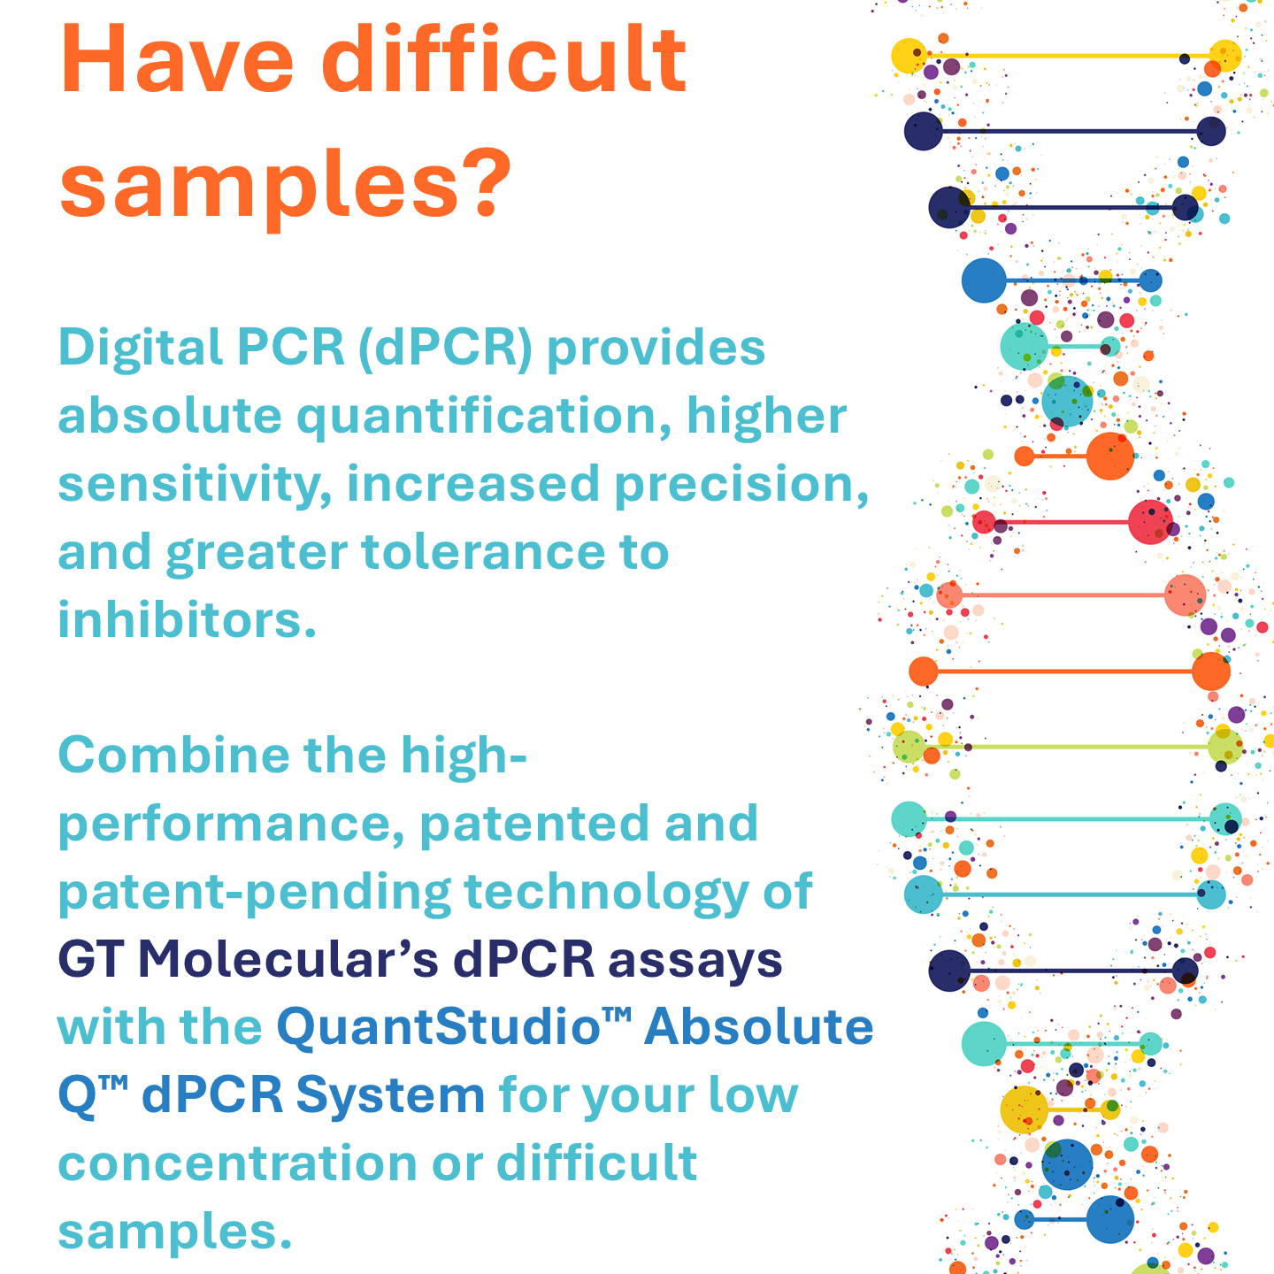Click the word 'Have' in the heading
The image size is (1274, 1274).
coord(177,59)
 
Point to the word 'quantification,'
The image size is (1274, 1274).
coord(483,418)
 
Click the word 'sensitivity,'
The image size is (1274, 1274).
coord(195,486)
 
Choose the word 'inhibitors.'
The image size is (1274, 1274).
coord(187,620)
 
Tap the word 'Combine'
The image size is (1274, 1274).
coord(174,755)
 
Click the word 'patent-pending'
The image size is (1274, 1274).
coord(255,893)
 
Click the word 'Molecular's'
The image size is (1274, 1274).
coord(288,959)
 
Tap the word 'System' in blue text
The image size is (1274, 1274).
coord(390,1097)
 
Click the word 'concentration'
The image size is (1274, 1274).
coord(237,1165)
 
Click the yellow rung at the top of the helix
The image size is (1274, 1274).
coord(1066,57)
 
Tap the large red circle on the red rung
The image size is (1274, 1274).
coord(1150,522)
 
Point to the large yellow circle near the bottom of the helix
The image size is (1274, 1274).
coord(1025,1110)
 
